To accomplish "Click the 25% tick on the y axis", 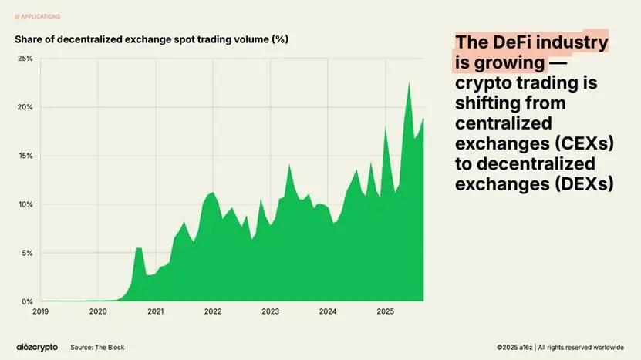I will [x=25, y=59].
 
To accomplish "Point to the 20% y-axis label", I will [x=25, y=107].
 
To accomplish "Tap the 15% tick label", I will [x=25, y=156].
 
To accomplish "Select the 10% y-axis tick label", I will [x=25, y=204].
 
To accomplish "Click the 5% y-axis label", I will [x=26, y=253].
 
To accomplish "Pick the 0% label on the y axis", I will [x=26, y=301].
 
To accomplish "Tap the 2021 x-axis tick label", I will [x=155, y=312].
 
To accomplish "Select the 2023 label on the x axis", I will [x=270, y=312].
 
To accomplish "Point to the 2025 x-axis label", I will [x=386, y=312].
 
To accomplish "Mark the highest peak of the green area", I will [x=409, y=82].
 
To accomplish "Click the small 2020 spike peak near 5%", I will [x=138, y=247].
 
